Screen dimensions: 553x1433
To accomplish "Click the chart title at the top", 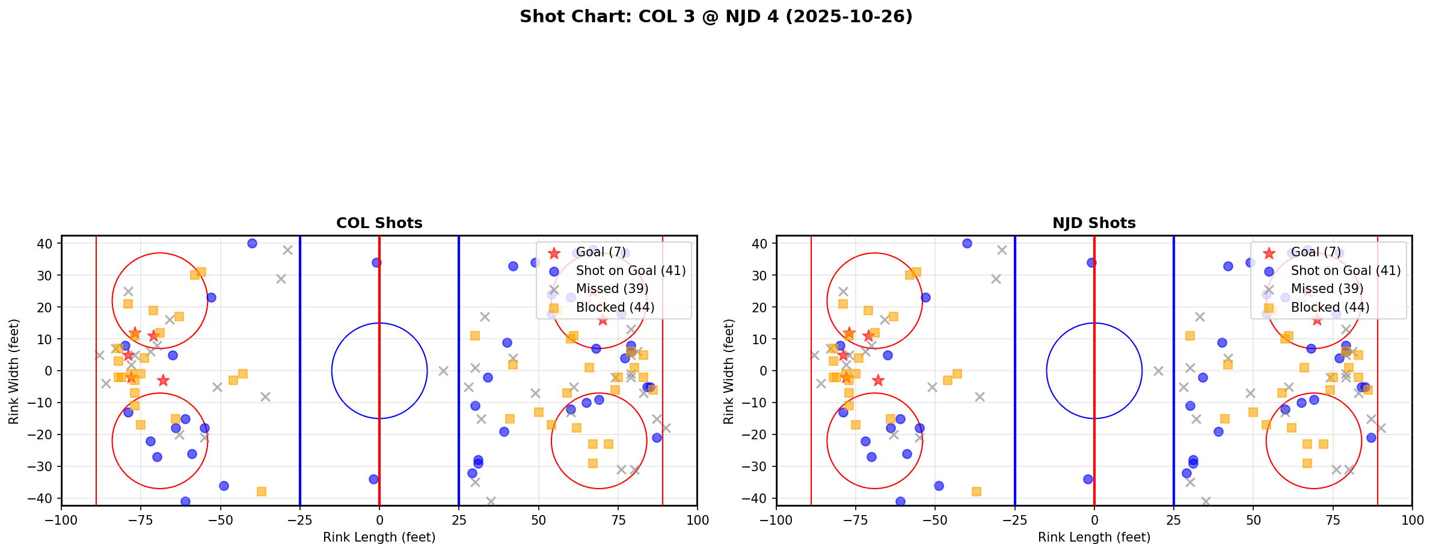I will (x=716, y=16).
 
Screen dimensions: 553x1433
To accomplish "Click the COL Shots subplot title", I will (x=379, y=223).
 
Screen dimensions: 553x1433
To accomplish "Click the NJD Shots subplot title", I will (x=1094, y=223).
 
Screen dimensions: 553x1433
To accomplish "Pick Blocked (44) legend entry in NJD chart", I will (x=1330, y=307).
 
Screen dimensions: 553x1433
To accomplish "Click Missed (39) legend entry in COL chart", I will (x=612, y=289).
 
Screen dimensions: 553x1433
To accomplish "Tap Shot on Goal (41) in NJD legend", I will (x=1345, y=271).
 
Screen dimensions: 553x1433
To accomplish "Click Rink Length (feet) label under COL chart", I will (x=379, y=537).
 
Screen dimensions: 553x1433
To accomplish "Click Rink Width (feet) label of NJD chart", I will (x=729, y=371).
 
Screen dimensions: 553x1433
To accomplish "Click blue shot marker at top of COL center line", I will (x=376, y=262).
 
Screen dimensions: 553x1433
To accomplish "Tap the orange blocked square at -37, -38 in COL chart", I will (x=262, y=492).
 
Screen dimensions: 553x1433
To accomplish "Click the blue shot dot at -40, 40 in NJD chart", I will (x=967, y=243).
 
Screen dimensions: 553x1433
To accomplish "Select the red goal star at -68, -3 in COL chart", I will (x=163, y=380).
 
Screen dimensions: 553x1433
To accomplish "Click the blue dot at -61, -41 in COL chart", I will (x=185, y=501).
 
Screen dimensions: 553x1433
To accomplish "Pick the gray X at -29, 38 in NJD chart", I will (x=1002, y=250).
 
